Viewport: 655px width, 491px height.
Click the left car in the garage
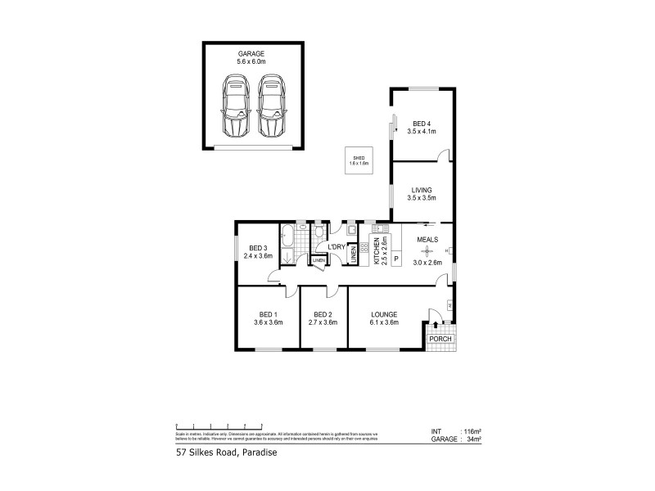[x=237, y=106]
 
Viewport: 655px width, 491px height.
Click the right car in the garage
[x=270, y=106]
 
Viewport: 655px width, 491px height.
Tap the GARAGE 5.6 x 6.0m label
[x=252, y=56]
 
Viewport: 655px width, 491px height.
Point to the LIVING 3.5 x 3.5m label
[x=422, y=194]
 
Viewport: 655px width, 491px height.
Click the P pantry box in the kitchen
[x=396, y=259]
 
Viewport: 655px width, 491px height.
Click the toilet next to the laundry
[x=318, y=233]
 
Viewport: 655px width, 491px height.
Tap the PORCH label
[x=440, y=338]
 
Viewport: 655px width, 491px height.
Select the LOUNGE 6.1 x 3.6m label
[x=383, y=318]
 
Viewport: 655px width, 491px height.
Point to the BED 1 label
[x=269, y=314]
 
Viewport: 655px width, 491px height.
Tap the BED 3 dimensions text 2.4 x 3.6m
[x=258, y=256]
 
